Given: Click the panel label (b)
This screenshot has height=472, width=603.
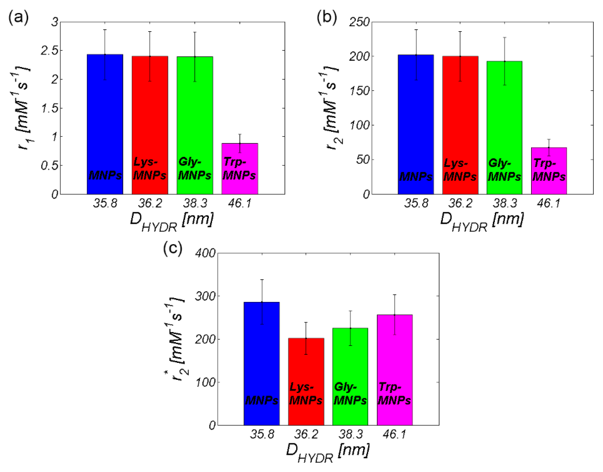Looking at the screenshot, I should (327, 18).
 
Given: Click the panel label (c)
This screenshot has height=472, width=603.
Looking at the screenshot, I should (173, 248).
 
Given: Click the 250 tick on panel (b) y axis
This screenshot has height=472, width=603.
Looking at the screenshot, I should (359, 22).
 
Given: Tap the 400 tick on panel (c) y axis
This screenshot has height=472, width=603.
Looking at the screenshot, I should (205, 253).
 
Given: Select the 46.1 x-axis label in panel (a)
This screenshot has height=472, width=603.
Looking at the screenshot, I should (240, 203).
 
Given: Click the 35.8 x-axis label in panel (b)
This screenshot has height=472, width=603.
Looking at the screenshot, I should (416, 203).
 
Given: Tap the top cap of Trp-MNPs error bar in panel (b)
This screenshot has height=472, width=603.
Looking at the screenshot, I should (549, 139).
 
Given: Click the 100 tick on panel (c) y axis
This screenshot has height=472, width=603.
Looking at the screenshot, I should (205, 382).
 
